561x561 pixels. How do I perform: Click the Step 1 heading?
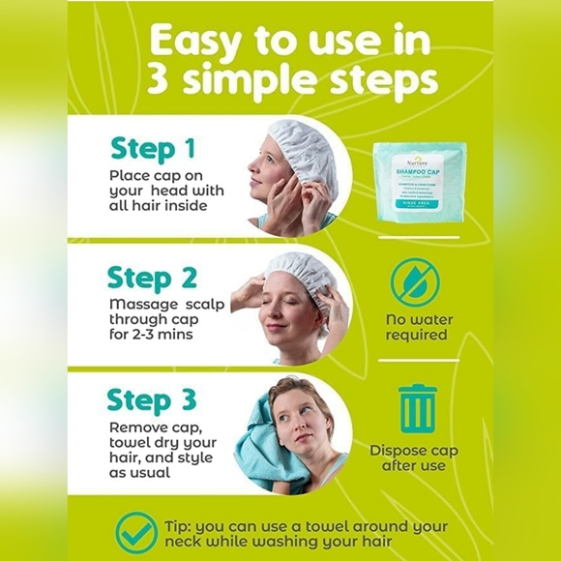pos(152,148)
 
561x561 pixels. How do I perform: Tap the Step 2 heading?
pos(152,278)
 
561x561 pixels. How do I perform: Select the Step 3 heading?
pos(152,399)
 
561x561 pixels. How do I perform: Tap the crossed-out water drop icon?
pos(415,283)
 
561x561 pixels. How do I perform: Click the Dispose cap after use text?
pos(414,458)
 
